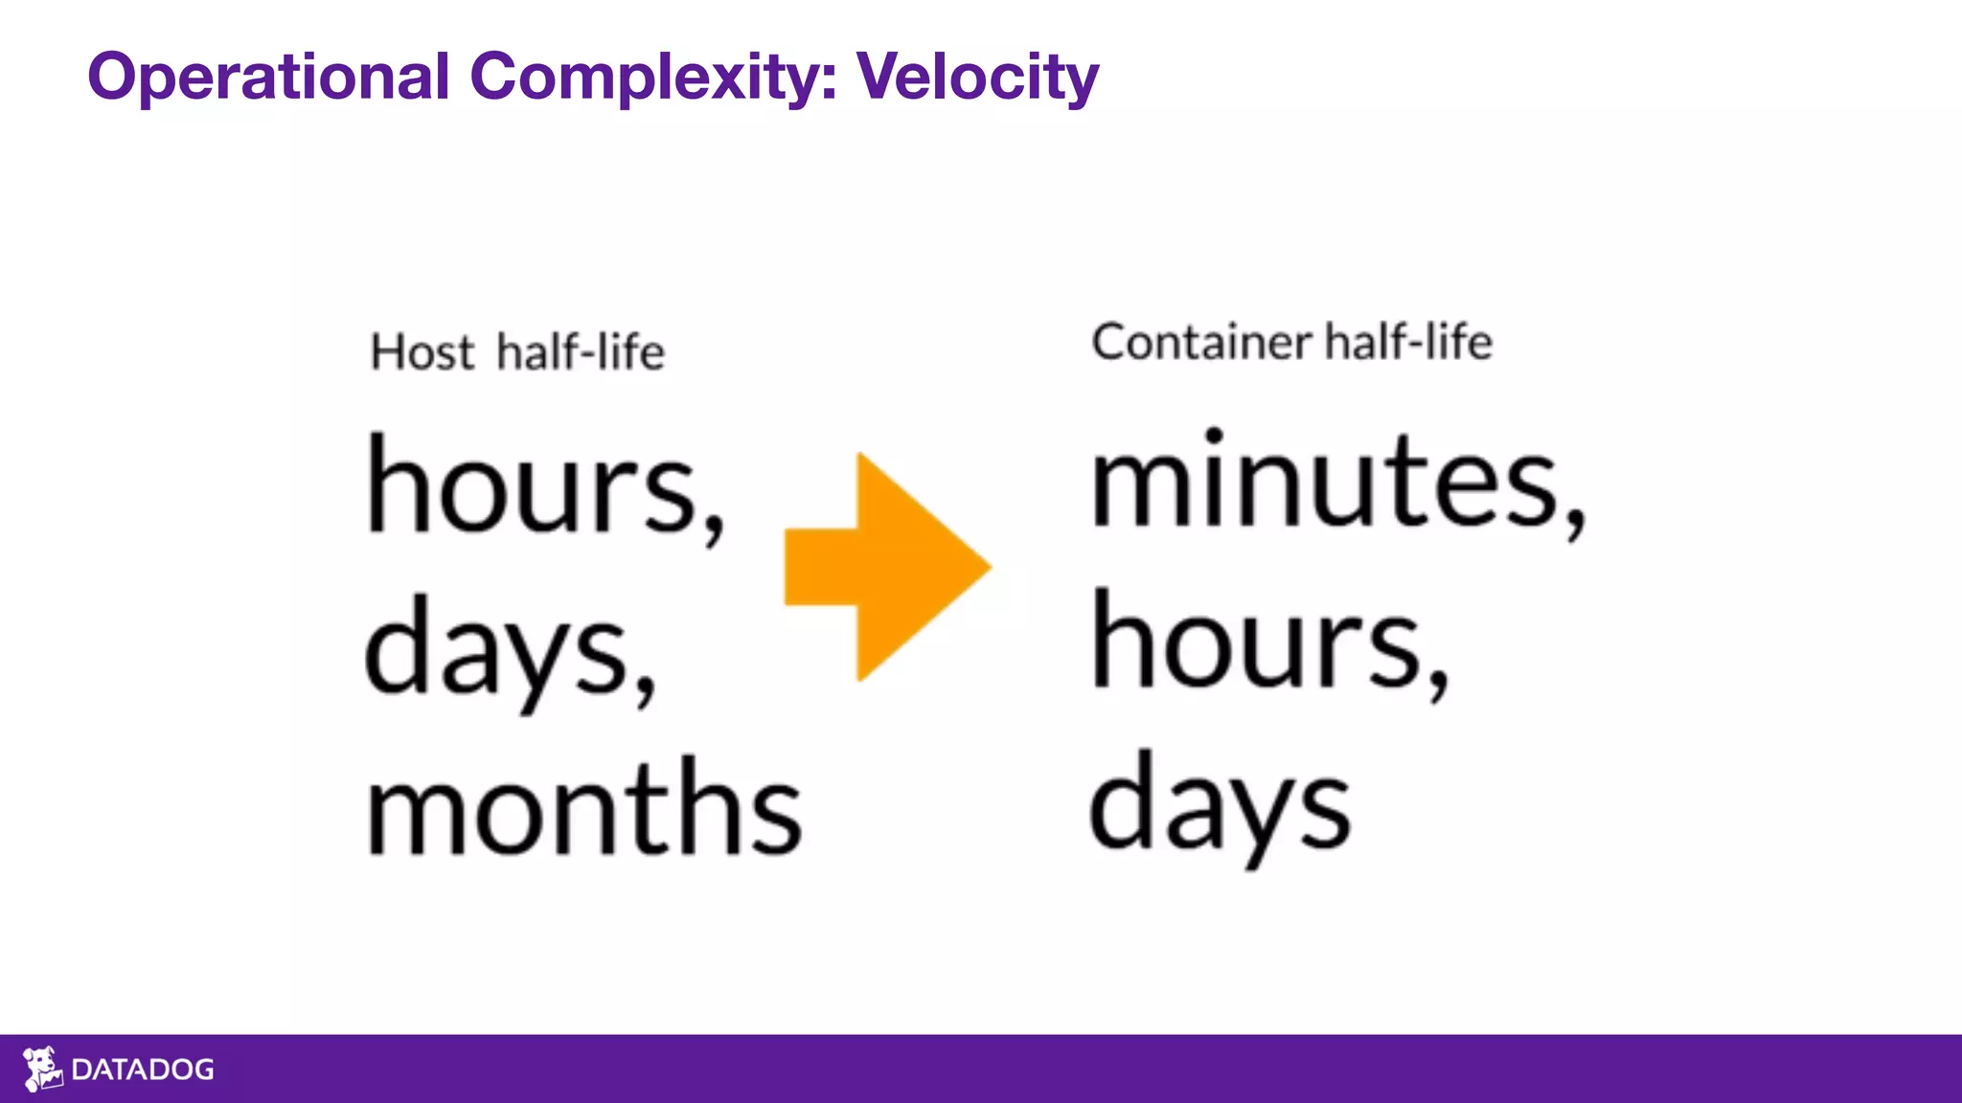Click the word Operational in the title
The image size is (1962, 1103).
pyautogui.click(x=268, y=77)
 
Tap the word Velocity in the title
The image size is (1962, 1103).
pyautogui.click(x=977, y=77)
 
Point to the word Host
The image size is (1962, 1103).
pyautogui.click(x=422, y=352)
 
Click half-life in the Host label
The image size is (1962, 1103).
pyautogui.click(x=581, y=351)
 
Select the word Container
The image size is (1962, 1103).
pyautogui.click(x=1201, y=342)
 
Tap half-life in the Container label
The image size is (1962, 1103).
pyautogui.click(x=1408, y=342)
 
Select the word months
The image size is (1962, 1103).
pyautogui.click(x=584, y=809)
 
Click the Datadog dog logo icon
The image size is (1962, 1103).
pyautogui.click(x=42, y=1069)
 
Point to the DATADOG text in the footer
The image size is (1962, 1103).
pyautogui.click(x=143, y=1069)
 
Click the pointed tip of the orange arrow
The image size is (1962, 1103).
pyautogui.click(x=987, y=567)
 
